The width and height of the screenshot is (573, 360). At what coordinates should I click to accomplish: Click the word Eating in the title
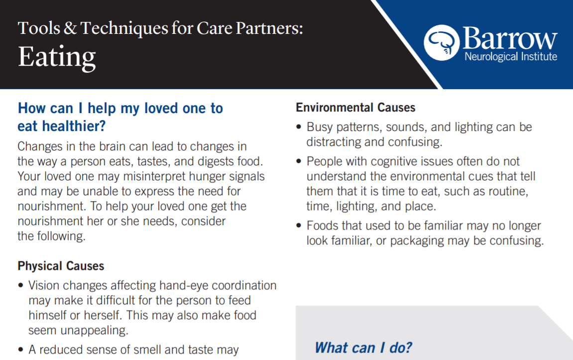57,57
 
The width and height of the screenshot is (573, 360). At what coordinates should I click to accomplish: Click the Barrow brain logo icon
442,42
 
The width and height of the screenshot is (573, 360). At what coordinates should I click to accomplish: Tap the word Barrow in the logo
510,38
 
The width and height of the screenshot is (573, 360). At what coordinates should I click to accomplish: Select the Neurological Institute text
511,57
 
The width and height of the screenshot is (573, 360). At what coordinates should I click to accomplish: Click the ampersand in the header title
70,28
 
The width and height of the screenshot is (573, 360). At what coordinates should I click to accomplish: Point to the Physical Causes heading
61,266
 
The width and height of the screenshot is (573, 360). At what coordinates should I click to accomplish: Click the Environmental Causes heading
355,108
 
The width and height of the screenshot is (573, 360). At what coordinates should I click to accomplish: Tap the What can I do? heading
363,348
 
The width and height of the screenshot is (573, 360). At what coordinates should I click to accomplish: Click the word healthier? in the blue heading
74,126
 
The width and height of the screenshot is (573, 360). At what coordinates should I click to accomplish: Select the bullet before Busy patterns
299,127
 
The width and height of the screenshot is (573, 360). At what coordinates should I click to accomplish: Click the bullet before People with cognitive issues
299,161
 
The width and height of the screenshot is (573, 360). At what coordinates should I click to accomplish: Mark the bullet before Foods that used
299,226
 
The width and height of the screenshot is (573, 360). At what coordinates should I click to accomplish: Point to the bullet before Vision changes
21,285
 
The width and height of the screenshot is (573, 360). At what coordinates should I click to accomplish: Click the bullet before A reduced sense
21,350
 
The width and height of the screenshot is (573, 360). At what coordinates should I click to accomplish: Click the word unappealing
94,331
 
